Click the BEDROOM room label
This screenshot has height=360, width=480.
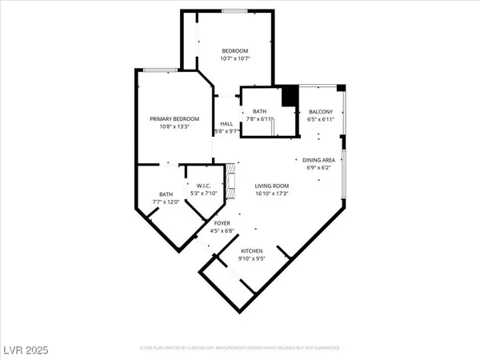[x=235, y=50]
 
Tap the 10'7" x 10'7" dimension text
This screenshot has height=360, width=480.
[x=235, y=59]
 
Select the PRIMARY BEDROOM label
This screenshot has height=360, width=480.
[x=174, y=118]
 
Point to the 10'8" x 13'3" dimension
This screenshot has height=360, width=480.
[x=174, y=127]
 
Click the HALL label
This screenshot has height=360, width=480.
[x=226, y=123]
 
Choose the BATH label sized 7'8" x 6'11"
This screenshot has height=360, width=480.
[x=259, y=111]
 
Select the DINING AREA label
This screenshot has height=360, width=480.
[x=318, y=160]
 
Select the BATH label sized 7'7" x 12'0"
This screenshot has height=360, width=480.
[x=166, y=194]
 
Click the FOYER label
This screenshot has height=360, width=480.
[x=222, y=223]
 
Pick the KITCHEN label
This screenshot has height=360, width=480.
[x=252, y=251]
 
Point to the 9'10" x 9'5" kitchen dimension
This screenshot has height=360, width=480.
[x=252, y=259]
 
